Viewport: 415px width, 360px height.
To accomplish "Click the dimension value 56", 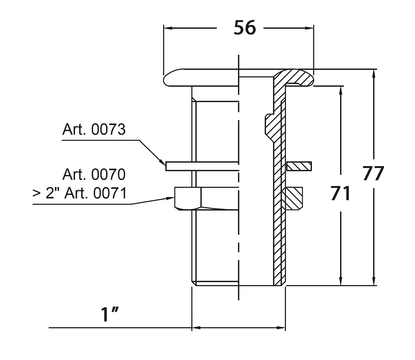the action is (x=245, y=28).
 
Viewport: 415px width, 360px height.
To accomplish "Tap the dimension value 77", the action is (x=373, y=173).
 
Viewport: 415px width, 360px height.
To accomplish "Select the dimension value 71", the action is (x=341, y=193).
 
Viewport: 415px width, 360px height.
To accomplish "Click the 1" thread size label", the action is (x=110, y=315).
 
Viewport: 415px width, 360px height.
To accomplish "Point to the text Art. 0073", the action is (x=94, y=129).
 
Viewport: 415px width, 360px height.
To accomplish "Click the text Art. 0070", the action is (x=94, y=174).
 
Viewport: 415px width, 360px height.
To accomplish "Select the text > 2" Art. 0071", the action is (x=80, y=193).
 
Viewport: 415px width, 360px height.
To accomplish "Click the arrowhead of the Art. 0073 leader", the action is (x=163, y=162).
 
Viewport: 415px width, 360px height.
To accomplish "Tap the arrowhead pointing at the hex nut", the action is (x=170, y=198).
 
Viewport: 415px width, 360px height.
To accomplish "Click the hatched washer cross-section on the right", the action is (x=299, y=166).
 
